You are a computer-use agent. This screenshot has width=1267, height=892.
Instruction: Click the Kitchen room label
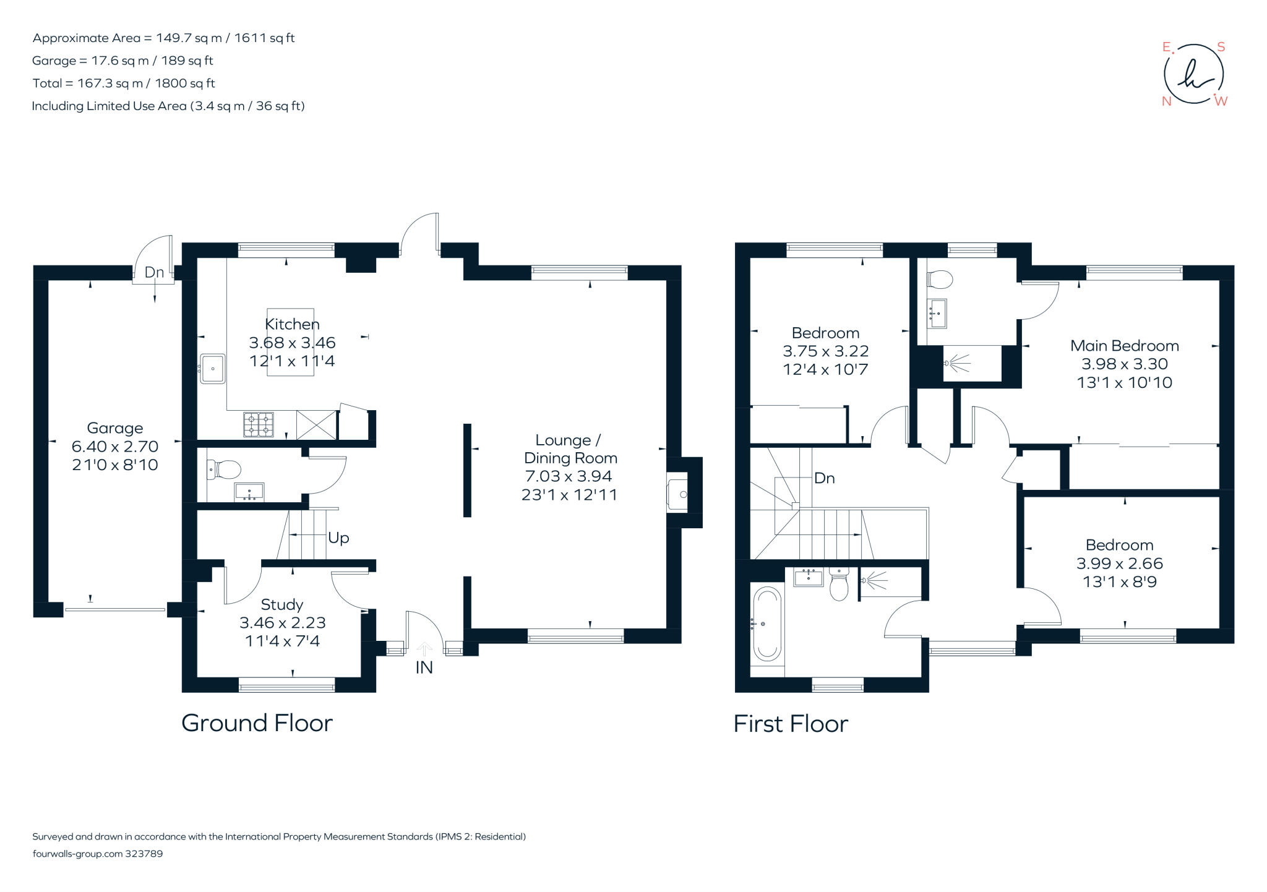(x=292, y=324)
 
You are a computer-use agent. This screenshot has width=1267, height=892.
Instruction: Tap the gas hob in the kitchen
(x=259, y=424)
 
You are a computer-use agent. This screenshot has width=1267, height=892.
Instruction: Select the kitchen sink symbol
(x=213, y=369)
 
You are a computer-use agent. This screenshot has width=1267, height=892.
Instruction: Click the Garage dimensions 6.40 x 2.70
(x=115, y=446)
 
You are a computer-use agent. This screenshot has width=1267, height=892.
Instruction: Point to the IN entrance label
(x=424, y=667)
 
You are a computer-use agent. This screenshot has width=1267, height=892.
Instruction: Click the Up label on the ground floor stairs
(x=338, y=538)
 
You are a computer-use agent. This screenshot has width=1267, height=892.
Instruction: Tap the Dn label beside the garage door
(x=154, y=272)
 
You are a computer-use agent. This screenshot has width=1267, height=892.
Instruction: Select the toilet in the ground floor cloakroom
(x=225, y=469)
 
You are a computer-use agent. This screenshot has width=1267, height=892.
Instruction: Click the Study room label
(x=281, y=604)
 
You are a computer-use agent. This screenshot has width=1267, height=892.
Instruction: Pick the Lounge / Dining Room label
(x=569, y=449)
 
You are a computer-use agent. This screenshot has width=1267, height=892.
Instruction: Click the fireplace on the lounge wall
(x=678, y=494)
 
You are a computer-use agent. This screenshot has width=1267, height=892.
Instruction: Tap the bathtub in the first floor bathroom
(x=767, y=625)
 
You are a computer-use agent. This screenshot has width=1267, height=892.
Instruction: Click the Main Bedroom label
(x=1124, y=346)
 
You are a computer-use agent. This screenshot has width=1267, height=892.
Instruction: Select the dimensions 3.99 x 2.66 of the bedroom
(x=1119, y=564)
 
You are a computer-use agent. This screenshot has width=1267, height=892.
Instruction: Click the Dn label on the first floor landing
(x=824, y=478)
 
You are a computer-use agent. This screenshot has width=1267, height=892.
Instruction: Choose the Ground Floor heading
(x=257, y=723)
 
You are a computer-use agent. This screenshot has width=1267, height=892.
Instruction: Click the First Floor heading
(x=790, y=724)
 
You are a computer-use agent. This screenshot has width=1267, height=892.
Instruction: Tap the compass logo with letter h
(x=1193, y=75)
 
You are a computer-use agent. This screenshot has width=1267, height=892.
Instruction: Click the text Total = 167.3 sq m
(x=124, y=83)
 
